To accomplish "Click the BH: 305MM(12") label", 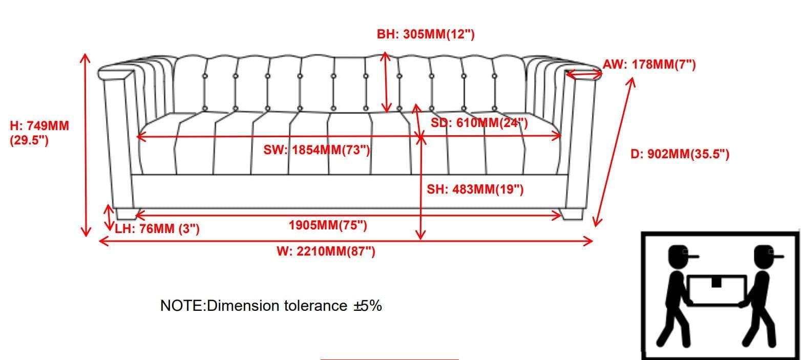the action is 426,34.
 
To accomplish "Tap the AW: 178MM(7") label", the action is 649,65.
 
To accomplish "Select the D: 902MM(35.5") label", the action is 680,154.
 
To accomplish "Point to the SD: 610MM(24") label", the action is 479,123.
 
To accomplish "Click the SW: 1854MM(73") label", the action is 317,150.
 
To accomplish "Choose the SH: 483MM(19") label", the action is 475,189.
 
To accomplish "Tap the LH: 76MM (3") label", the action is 157,228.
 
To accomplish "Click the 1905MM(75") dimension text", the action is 328,225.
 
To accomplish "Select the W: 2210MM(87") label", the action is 326,251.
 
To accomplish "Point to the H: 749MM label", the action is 39,126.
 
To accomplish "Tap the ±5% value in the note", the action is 368,306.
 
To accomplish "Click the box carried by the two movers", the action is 717,290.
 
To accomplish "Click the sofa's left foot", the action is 126,214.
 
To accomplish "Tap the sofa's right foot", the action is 572,214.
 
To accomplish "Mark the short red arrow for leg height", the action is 109,218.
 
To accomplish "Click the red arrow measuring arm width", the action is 584,74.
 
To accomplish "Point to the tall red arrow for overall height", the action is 86,145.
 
